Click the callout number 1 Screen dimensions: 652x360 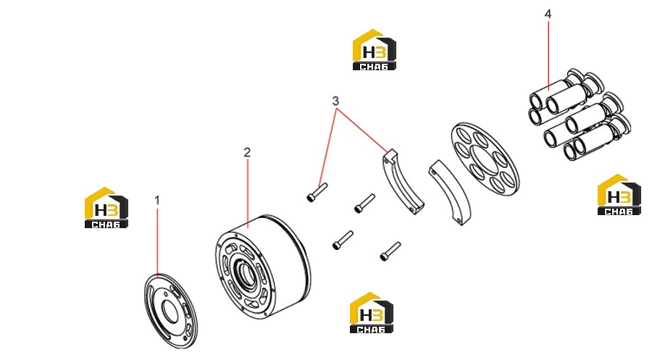pos(157,201)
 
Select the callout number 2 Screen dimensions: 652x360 pos(247,153)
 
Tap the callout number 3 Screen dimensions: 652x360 pos(335,101)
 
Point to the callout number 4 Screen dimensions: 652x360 pos(548,14)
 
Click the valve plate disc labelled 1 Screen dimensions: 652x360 pos(171,311)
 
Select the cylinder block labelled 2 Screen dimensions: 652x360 pos(263,267)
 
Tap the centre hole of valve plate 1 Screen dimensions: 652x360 pos(170,311)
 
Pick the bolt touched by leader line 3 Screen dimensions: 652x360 pos(317,193)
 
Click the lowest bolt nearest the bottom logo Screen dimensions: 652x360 pos(390,251)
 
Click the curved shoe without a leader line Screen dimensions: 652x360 pos(449,193)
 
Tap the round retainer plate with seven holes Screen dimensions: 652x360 pos(485,159)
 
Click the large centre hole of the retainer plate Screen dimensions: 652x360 pos(485,160)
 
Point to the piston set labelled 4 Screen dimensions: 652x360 pos(580,114)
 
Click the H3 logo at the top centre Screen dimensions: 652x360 pos(375,50)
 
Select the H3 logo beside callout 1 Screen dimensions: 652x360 pos(106,207)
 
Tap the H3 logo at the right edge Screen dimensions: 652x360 pos(619,195)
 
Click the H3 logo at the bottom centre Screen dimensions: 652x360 pos(372,313)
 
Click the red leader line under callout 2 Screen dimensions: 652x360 pos(248,193)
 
